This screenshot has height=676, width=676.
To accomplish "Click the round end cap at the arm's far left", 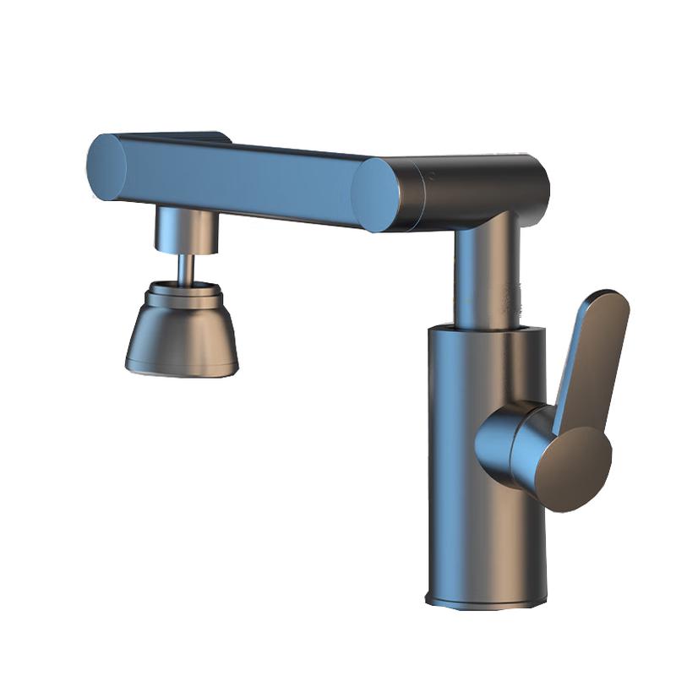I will tap(106, 166).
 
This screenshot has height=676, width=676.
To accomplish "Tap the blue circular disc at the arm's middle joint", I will tap(376, 195).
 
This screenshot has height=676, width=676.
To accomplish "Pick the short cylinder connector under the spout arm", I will tap(185, 230).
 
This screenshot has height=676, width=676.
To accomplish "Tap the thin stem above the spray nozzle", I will tap(186, 269).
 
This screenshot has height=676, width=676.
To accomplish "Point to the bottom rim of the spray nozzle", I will tap(182, 367).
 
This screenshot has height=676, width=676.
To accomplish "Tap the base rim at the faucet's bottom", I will tap(482, 602).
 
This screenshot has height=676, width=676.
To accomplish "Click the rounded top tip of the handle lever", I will tap(610, 301).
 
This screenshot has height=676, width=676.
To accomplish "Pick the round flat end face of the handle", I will tap(575, 469).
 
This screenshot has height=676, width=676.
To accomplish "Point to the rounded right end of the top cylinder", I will tap(537, 182).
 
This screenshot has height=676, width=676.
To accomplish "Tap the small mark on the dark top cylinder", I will tap(431, 178).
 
